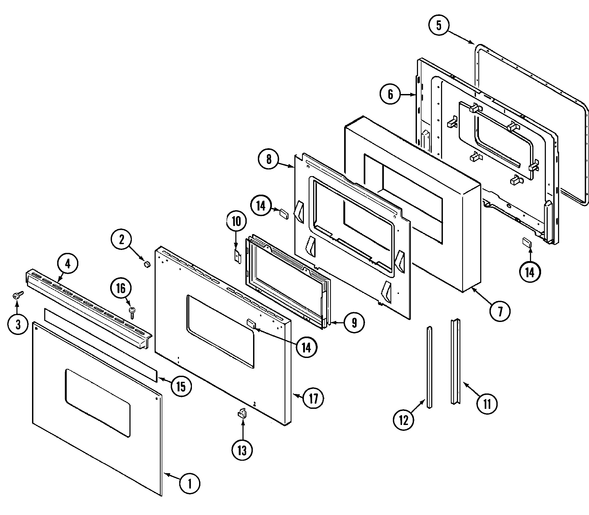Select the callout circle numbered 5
pyautogui.click(x=439, y=26)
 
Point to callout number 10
pyautogui.click(x=236, y=222)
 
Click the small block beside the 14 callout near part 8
pyautogui.click(x=284, y=214)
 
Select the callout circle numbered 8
pyautogui.click(x=269, y=159)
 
